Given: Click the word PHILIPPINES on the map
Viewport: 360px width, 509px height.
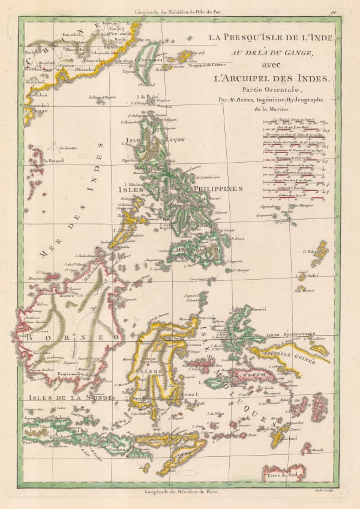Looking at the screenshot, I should [x=218, y=188].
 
